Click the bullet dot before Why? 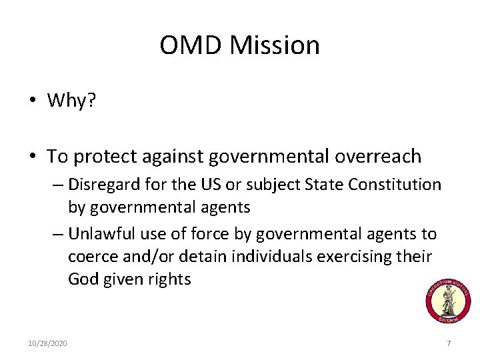pyautogui.click(x=32, y=101)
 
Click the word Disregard pyautogui.click(x=101, y=185)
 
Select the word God pyautogui.click(x=82, y=279)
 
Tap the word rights pyautogui.click(x=169, y=279)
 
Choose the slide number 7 pyautogui.click(x=449, y=343)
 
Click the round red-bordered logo pyautogui.click(x=448, y=301)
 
